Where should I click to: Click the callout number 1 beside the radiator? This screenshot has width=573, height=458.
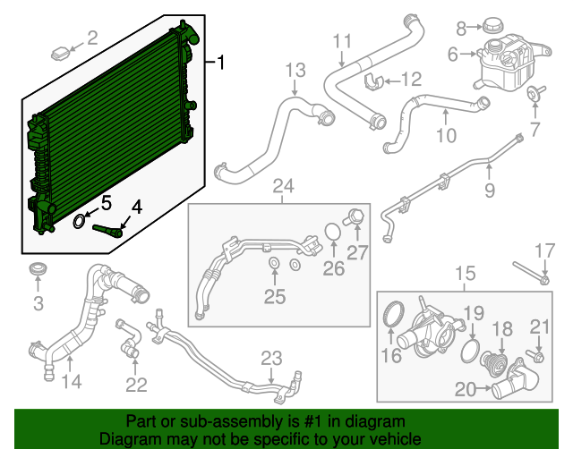point(222,63)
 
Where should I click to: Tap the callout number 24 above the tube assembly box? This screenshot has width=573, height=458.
point(283,186)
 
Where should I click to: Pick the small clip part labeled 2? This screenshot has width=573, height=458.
point(62,50)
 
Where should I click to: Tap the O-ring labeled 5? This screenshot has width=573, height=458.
point(79,219)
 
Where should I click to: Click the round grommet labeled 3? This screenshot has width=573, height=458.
point(38,270)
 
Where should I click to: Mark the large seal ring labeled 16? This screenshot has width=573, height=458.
point(392,315)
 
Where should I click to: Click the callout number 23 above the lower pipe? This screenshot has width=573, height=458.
point(272,359)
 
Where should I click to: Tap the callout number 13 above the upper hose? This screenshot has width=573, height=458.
point(295,70)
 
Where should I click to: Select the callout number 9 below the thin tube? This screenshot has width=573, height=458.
point(490,190)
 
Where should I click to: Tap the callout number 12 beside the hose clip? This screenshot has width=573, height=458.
point(411,79)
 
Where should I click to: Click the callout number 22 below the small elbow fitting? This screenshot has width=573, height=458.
point(136,385)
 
